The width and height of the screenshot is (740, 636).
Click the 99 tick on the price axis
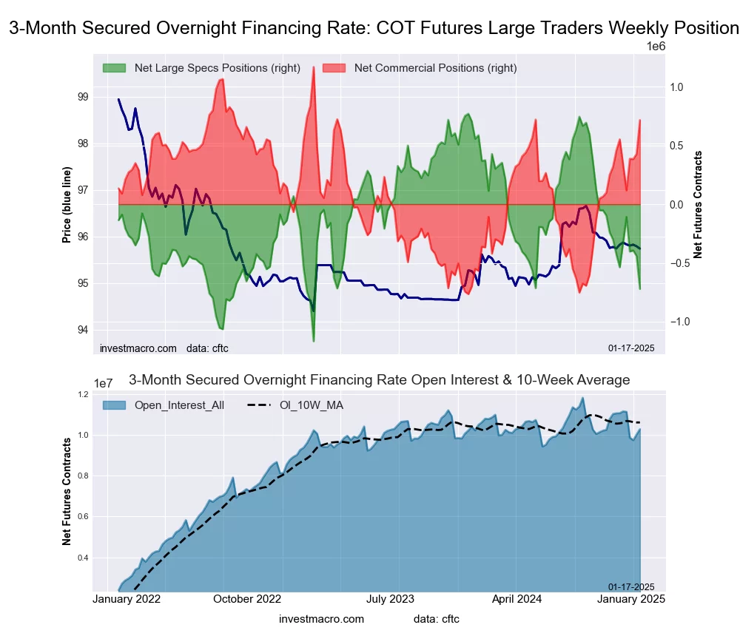tap(82, 97)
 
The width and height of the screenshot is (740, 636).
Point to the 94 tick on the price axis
tap(82, 330)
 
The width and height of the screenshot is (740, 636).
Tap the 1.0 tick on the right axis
tap(676, 87)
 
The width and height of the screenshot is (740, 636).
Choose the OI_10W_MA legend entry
tap(311, 405)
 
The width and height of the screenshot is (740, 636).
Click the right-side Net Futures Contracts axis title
tap(698, 204)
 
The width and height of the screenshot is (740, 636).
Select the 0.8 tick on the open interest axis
tap(84, 476)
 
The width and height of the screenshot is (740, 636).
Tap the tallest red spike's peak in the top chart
tap(314, 67)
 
